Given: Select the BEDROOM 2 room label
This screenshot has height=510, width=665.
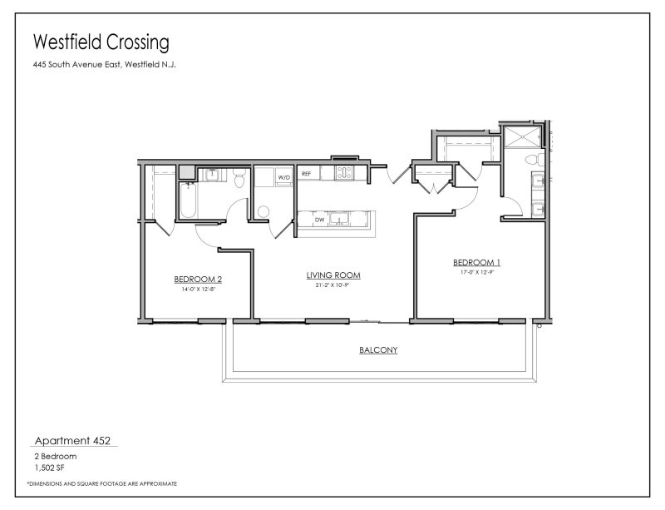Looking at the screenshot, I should point(198,279).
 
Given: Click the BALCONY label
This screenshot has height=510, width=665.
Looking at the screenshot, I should point(377,350).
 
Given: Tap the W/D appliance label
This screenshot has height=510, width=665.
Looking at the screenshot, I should point(283,177).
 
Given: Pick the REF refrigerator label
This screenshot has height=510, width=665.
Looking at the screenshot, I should point(306,174).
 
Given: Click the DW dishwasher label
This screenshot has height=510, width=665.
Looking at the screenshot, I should point(318,220).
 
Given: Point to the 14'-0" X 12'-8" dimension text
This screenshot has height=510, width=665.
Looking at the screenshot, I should point(198,289).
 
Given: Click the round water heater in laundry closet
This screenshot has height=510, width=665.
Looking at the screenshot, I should point(264,211).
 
